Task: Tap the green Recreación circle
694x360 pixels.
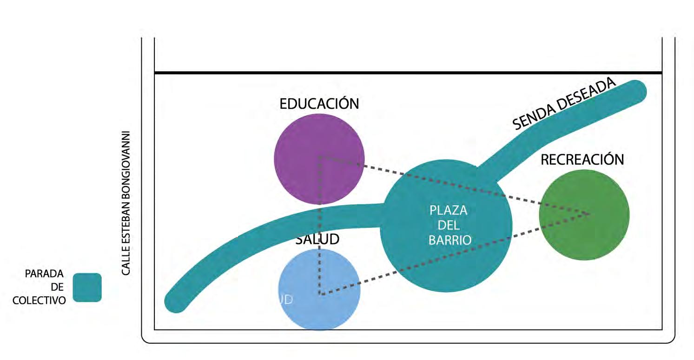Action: (584, 233)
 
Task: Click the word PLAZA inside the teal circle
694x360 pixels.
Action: (448, 211)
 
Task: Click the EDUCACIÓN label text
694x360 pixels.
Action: (319, 104)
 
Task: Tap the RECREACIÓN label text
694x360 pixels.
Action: (582, 160)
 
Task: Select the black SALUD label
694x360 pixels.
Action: (317, 239)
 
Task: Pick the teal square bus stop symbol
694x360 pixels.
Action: (87, 287)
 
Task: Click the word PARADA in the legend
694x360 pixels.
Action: (45, 273)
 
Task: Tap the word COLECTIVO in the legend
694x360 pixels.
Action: (39, 300)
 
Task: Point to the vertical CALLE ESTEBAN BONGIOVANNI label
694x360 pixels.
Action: (126, 203)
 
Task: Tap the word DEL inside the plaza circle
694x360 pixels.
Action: (448, 226)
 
